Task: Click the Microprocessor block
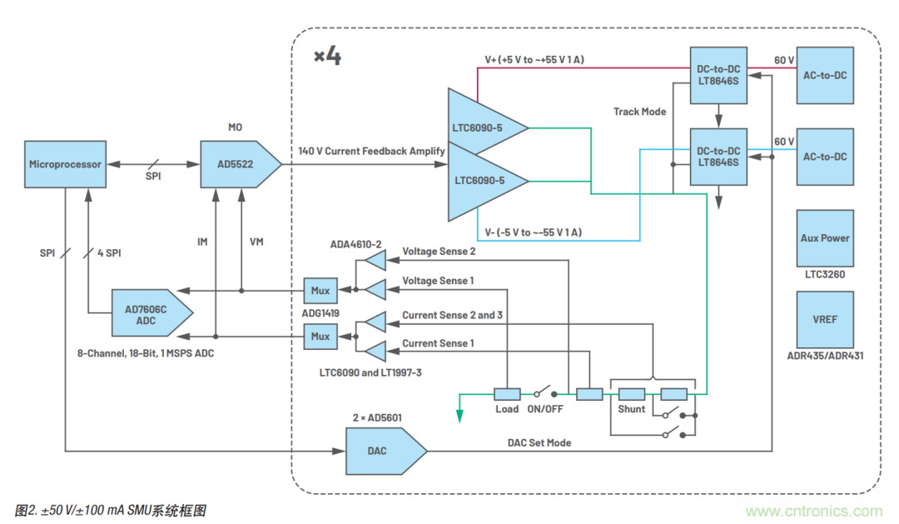(x=65, y=164)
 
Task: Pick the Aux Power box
(x=824, y=238)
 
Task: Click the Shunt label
(x=631, y=410)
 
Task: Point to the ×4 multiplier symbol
(x=327, y=57)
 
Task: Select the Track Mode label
(x=639, y=112)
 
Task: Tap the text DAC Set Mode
(x=539, y=442)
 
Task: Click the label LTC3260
(x=824, y=273)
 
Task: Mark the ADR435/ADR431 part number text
(x=824, y=357)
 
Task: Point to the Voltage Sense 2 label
(x=439, y=251)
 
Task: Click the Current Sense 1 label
(x=438, y=343)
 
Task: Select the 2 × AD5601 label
(x=383, y=415)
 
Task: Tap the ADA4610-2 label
(x=356, y=244)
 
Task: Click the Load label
(x=507, y=409)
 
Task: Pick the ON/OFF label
(x=546, y=409)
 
